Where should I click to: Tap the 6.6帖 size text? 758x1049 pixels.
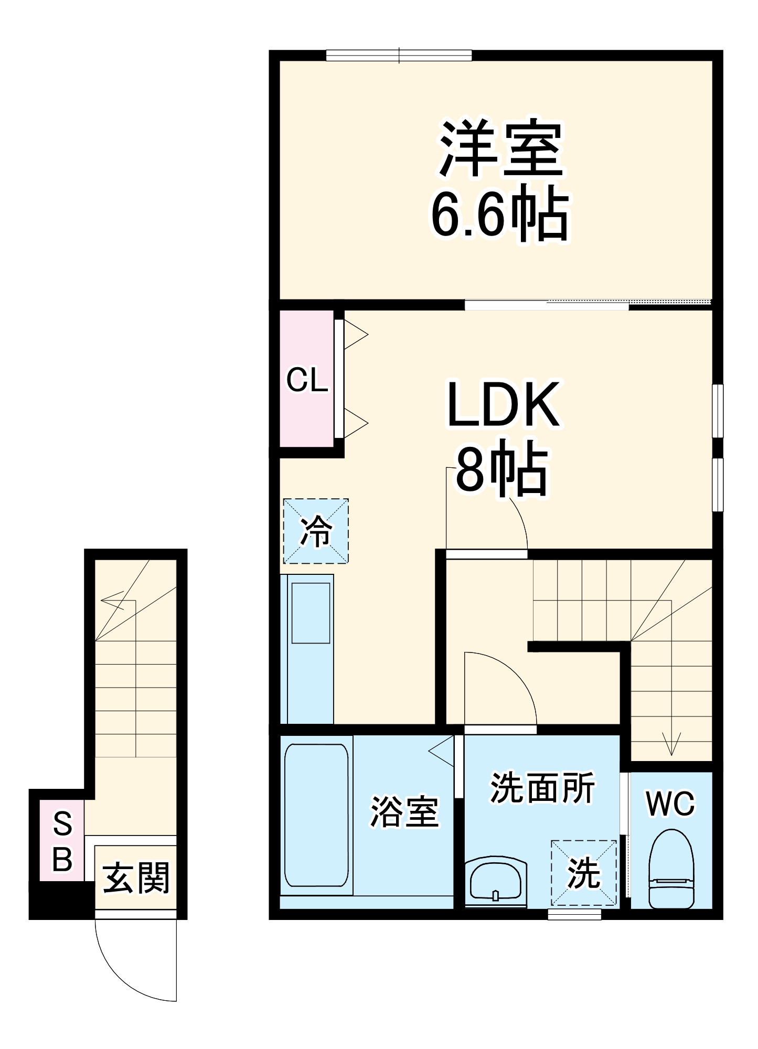500,215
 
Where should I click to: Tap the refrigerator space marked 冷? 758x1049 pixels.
316,531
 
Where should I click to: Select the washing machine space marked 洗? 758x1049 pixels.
583,873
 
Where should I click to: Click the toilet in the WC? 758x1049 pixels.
671,871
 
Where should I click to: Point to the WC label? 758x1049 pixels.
670,803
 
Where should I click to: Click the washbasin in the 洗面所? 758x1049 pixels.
496,883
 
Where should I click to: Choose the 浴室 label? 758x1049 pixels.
404,812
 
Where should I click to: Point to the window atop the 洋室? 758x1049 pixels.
399,55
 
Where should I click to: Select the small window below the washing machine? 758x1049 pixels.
574,914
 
